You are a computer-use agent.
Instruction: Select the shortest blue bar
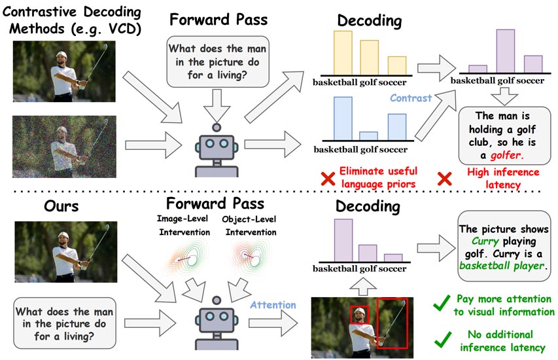[370, 135]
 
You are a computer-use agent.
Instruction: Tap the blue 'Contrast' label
[410, 98]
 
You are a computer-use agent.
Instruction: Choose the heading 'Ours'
[51, 206]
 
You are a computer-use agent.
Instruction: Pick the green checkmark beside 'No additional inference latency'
[442, 338]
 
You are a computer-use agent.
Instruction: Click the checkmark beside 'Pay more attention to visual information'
[442, 302]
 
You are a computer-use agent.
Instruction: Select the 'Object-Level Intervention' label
[247, 226]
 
